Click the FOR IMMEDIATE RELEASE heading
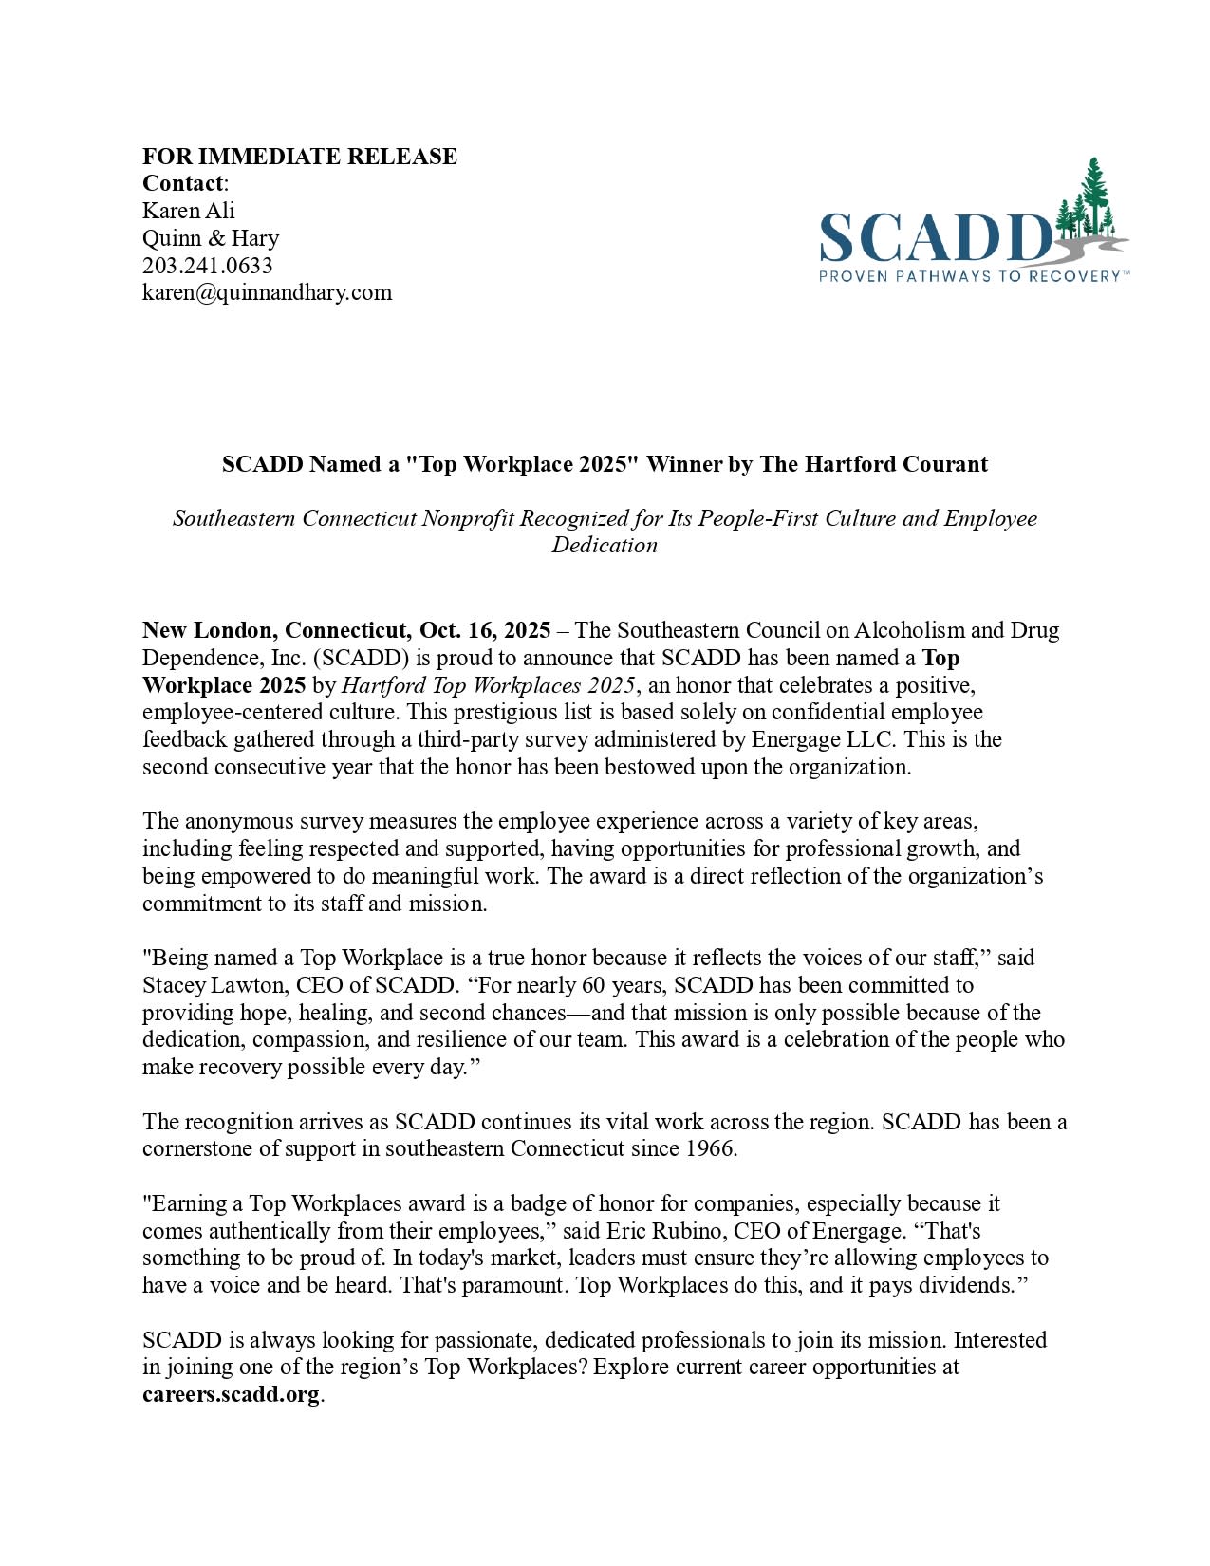coord(299,157)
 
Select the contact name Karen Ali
coord(188,211)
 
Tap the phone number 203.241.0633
coord(207,266)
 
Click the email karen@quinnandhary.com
coord(267,292)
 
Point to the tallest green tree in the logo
coord(1095,195)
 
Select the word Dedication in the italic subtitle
coord(605,546)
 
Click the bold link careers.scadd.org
coord(231,1395)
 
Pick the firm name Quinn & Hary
coord(211,238)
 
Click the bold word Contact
coord(183,183)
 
